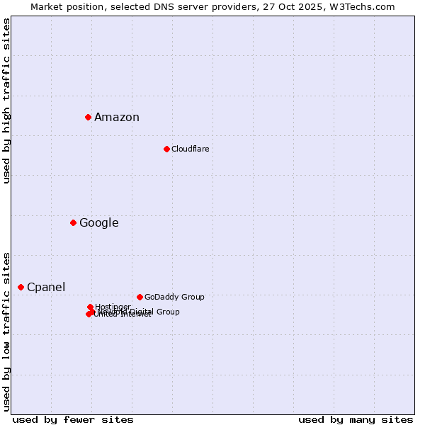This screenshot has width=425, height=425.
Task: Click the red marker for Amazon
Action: pyautogui.click(x=88, y=117)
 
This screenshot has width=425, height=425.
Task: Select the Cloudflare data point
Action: pyautogui.click(x=166, y=149)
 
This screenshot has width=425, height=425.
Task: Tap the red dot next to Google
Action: pyautogui.click(x=73, y=223)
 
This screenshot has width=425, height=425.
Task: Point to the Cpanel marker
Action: pyautogui.click(x=21, y=287)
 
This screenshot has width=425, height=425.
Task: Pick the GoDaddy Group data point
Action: pyautogui.click(x=140, y=297)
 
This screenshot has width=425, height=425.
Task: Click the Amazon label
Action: pyautogui.click(x=117, y=118)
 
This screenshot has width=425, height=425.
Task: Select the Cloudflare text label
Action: pyautogui.click(x=190, y=149)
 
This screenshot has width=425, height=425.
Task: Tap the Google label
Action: pyautogui.click(x=98, y=223)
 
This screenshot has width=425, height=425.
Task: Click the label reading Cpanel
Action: pyautogui.click(x=46, y=287)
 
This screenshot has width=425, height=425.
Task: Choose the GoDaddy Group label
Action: pyautogui.click(x=174, y=297)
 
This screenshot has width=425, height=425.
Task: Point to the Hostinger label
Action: pyautogui.click(x=113, y=307)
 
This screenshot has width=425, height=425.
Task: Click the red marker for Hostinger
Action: pyautogui.click(x=90, y=307)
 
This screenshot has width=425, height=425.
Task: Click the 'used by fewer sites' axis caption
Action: pyautogui.click(x=73, y=420)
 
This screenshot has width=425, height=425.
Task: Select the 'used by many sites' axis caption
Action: pyautogui.click(x=356, y=420)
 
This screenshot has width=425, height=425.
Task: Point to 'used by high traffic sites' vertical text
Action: pyautogui.click(x=7, y=101)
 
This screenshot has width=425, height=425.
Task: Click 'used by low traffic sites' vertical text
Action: pyautogui.click(x=7, y=331)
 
